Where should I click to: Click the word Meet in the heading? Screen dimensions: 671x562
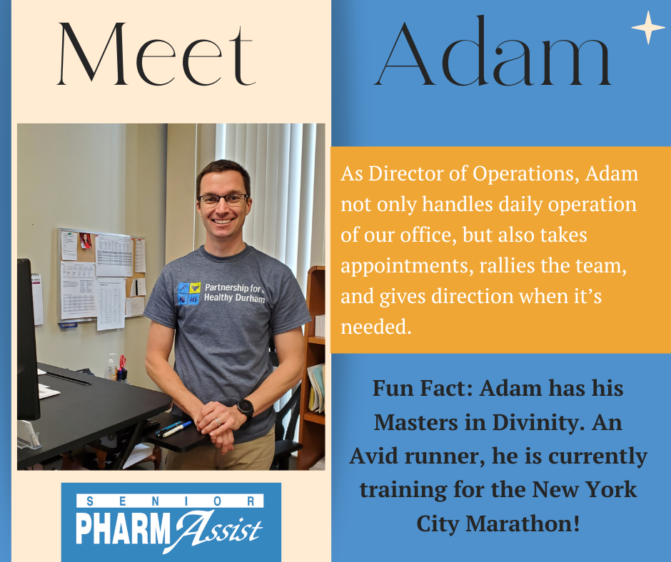pyautogui.click(x=156, y=54)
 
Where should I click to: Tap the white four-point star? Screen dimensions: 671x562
pyautogui.click(x=648, y=27)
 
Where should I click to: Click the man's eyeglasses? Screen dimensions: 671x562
pyautogui.click(x=223, y=199)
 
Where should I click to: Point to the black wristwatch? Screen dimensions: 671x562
pyautogui.click(x=246, y=408)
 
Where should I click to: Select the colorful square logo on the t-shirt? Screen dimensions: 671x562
pyautogui.click(x=189, y=293)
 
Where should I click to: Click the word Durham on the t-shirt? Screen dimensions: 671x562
pyautogui.click(x=251, y=299)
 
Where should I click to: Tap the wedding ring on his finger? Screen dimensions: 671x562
pyautogui.click(x=218, y=421)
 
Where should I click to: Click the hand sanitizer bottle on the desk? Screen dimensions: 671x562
pyautogui.click(x=111, y=367)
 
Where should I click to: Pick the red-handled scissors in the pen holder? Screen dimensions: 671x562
pyautogui.click(x=122, y=363)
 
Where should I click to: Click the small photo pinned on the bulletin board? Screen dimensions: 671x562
pyautogui.click(x=86, y=241)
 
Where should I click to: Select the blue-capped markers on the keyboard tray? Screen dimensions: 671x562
pyautogui.click(x=174, y=428)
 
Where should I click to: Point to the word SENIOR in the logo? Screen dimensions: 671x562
pyautogui.click(x=170, y=501)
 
